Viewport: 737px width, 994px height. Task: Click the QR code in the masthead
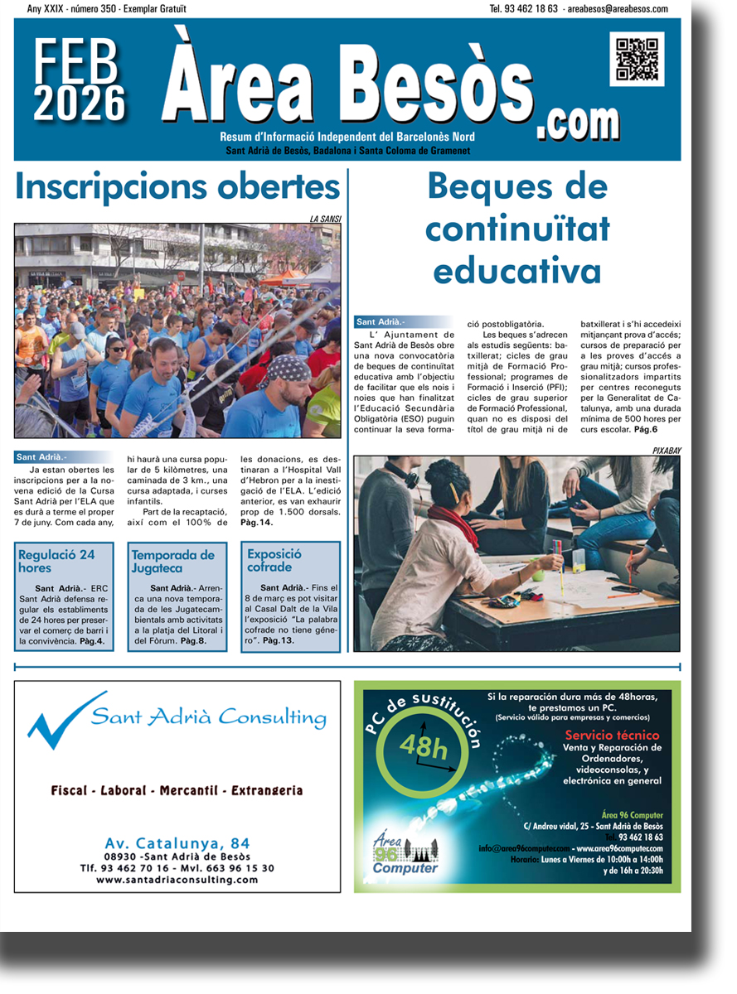point(637,59)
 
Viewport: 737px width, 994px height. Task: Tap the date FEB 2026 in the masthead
point(80,81)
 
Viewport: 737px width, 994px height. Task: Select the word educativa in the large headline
point(517,270)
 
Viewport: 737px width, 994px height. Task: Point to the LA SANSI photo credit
point(325,220)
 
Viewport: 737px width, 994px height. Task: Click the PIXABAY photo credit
point(666,451)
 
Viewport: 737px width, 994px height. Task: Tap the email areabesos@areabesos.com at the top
point(618,8)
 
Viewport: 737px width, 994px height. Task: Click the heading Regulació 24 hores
point(56,562)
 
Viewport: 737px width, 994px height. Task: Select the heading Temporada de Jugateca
point(172,562)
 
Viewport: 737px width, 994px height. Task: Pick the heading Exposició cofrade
point(274,561)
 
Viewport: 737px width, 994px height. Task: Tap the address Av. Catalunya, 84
point(177,843)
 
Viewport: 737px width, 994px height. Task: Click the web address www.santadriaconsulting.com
point(177,880)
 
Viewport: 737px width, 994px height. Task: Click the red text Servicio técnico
point(612,735)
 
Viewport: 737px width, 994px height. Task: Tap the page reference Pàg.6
point(646,431)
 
